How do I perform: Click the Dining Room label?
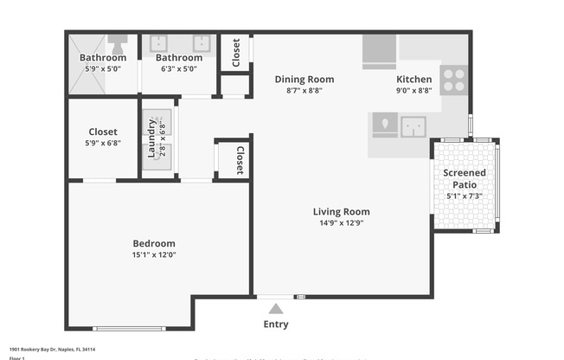(x=304, y=80)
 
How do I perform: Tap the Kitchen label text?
(x=413, y=80)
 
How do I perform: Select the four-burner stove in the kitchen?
(x=452, y=80)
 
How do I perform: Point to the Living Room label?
(x=341, y=212)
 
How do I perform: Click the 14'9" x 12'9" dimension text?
(x=341, y=223)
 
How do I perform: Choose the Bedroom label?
(x=153, y=244)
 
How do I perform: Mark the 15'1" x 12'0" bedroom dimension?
(x=153, y=255)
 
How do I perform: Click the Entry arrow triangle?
(x=275, y=309)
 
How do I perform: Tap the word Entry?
(x=275, y=325)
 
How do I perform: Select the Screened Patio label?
(x=465, y=178)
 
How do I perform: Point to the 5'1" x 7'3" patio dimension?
(x=465, y=196)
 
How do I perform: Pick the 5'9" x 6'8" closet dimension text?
(x=102, y=144)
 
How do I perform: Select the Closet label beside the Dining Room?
(x=236, y=53)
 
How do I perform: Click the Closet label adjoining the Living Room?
(x=239, y=159)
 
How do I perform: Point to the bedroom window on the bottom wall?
(x=129, y=328)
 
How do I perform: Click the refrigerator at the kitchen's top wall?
(x=379, y=50)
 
